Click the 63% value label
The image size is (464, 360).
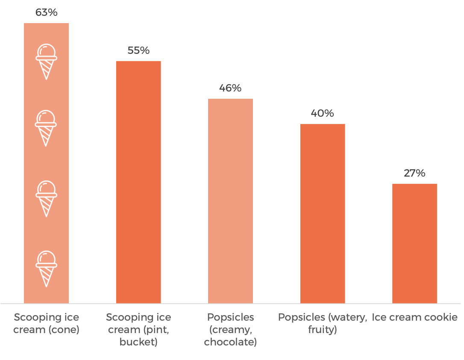point(46,12)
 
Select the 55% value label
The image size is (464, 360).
point(138,50)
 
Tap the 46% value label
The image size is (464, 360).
point(230,88)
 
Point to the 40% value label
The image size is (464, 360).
point(323,113)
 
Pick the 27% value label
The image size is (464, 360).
point(414,173)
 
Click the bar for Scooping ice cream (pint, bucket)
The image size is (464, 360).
point(138,182)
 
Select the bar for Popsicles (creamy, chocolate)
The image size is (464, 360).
point(230,201)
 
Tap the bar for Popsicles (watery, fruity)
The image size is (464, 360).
point(323,214)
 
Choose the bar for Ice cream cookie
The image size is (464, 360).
point(414,244)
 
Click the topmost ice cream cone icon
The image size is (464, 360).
point(46,62)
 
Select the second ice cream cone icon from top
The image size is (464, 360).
point(46,128)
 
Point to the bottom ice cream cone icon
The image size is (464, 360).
point(46,268)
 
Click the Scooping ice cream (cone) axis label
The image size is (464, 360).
point(46,324)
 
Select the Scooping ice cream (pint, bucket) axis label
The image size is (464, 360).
point(138,330)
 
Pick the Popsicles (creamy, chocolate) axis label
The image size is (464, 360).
point(230,330)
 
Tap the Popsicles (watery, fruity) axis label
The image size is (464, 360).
point(323,324)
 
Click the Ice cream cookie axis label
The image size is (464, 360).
point(414,317)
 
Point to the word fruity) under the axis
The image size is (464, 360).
point(323,330)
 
